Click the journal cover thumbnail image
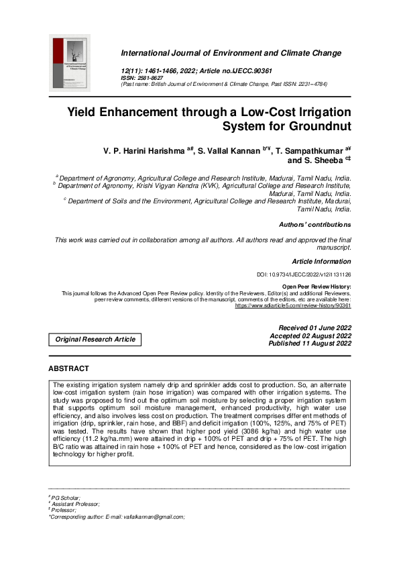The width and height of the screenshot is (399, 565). click(x=71, y=64)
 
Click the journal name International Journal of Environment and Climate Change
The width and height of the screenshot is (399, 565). click(x=231, y=53)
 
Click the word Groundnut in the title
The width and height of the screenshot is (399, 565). click(x=316, y=125)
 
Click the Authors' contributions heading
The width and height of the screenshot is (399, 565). click(x=315, y=225)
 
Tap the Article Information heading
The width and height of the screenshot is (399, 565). click(x=322, y=260)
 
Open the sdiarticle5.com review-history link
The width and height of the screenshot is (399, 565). click(x=293, y=305)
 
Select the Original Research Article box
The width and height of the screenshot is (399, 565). click(x=95, y=340)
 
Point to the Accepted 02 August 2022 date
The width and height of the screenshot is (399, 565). click(x=310, y=336)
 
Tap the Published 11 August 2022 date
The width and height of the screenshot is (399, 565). click(x=310, y=344)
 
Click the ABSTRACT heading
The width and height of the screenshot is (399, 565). click(x=68, y=369)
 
